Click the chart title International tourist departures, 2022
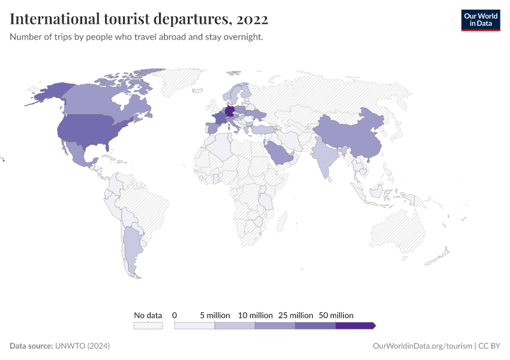(139, 19)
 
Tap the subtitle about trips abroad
(137, 37)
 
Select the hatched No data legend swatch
(148, 326)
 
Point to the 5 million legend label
(215, 315)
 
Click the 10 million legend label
(255, 315)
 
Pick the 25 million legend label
(295, 315)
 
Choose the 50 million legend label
(335, 315)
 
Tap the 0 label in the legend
(175, 315)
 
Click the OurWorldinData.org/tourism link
(422, 346)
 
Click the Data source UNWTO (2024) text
(60, 346)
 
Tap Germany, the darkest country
(229, 112)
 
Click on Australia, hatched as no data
(399, 231)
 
